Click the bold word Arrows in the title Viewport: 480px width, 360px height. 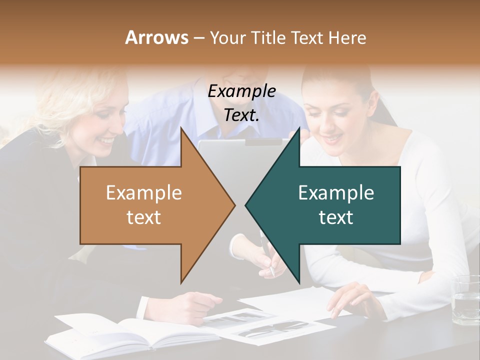156,37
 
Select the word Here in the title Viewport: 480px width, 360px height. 347,37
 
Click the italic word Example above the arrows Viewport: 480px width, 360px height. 241,91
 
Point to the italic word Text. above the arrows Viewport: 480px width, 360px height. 241,115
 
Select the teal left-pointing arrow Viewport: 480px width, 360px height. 330,205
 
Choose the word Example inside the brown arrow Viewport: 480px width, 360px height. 144,193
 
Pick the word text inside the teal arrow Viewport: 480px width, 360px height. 336,217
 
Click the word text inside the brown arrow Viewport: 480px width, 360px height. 144,217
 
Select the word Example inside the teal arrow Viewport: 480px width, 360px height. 336,193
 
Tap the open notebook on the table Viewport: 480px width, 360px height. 125,332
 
